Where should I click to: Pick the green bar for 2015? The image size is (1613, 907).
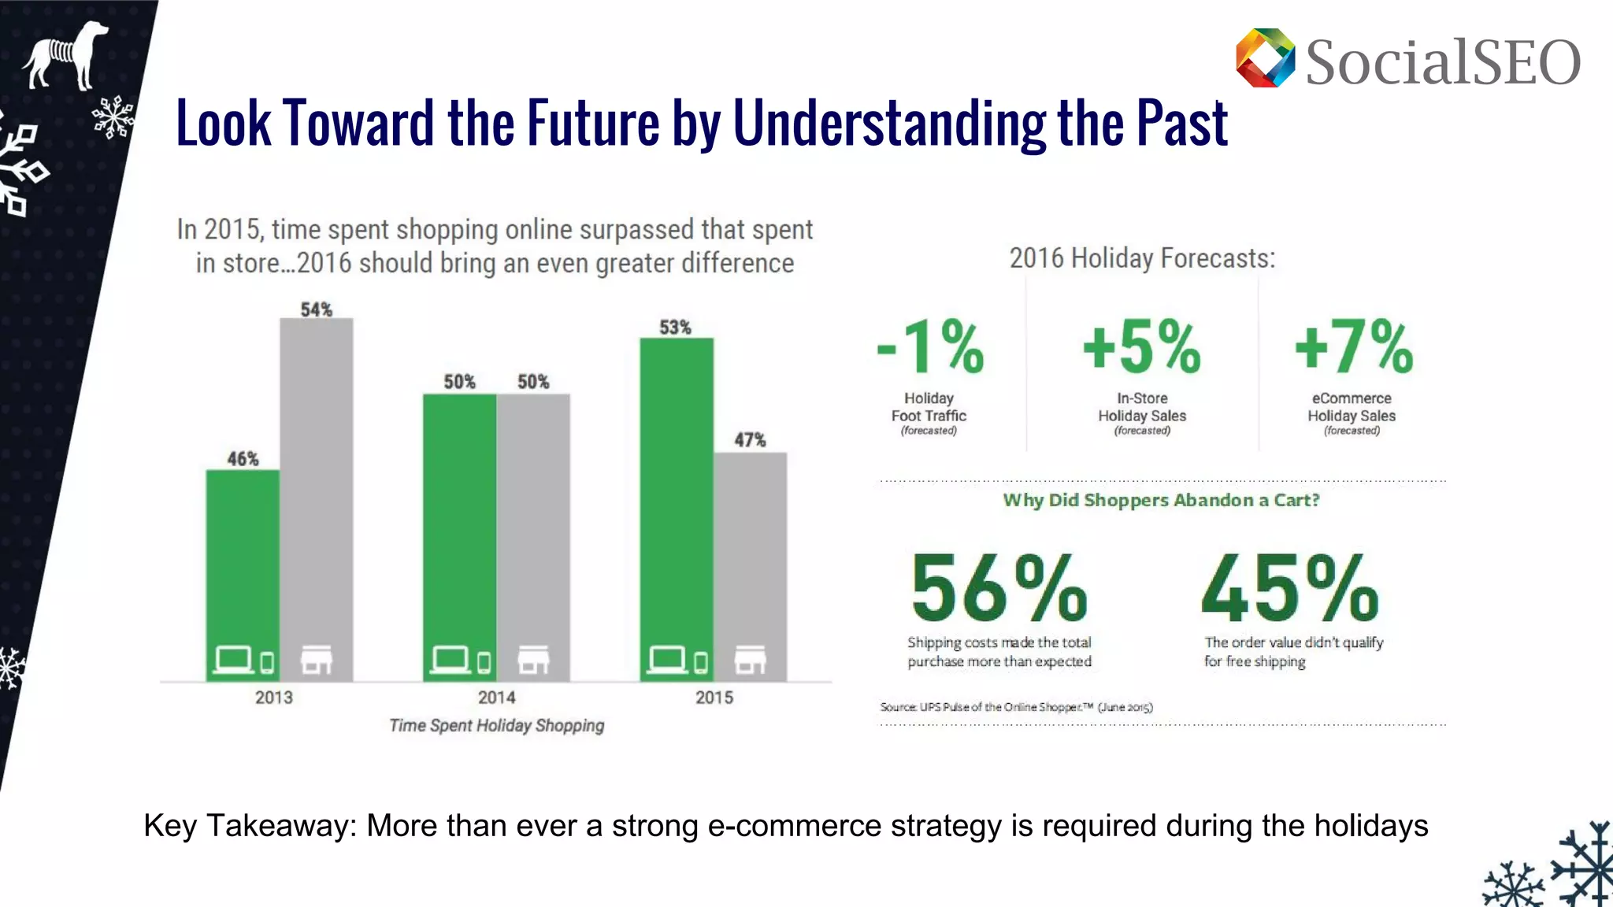pos(677,504)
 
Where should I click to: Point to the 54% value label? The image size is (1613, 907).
pos(317,309)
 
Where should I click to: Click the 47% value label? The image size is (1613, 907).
pos(750,440)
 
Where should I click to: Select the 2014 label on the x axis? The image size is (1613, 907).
pos(496,698)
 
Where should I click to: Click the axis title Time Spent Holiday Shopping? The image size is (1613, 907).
pos(497,725)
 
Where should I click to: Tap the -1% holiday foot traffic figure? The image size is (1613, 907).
pos(931,346)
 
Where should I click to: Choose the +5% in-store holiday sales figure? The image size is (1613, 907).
pos(1141,346)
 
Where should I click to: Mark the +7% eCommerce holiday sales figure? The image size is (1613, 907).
pos(1354,346)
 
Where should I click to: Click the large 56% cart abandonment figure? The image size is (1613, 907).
pos(999,589)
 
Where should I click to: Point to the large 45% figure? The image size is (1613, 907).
pos(1290,589)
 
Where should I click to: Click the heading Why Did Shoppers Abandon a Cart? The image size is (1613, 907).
pos(1161,500)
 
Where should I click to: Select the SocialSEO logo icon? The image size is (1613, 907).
pos(1265,58)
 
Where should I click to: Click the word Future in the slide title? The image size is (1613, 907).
pos(592,123)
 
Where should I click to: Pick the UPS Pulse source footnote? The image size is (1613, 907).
pos(1016,707)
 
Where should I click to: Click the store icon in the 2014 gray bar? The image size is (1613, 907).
pos(533,660)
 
